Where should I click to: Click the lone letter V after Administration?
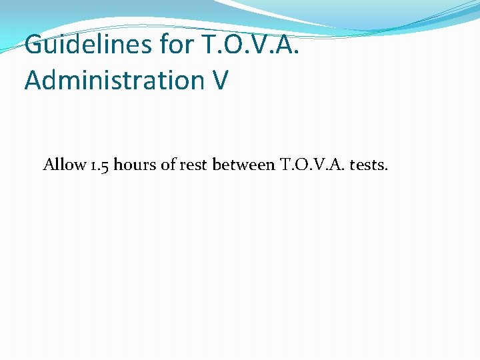coord(221,80)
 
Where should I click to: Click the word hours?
coord(135,164)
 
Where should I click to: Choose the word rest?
coord(193,165)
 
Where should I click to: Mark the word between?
coord(243,164)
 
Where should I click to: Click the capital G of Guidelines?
coord(35,45)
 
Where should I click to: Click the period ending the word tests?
coord(385,169)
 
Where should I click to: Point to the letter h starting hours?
coord(118,164)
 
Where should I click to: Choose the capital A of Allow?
coord(49,164)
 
